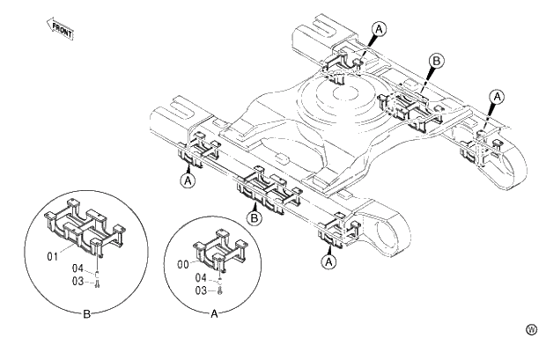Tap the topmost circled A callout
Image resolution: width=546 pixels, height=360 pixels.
tap(378, 29)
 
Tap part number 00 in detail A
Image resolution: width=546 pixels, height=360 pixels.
tap(182, 261)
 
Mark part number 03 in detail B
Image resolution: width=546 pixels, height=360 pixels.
tap(77, 281)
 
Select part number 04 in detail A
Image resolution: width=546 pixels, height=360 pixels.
tap(201, 277)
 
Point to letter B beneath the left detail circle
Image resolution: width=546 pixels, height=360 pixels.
tap(85, 312)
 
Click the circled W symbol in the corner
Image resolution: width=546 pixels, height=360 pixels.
tap(531, 329)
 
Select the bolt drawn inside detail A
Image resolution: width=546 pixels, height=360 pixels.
tap(219, 290)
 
